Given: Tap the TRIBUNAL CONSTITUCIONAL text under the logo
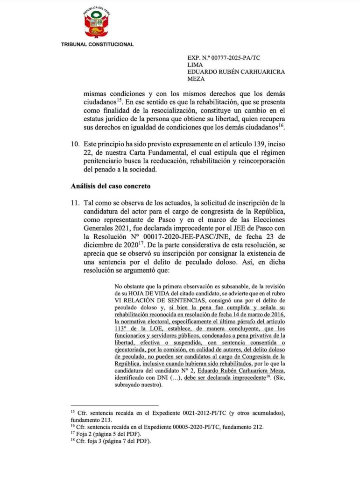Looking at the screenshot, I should click(x=97, y=44).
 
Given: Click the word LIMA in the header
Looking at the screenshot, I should click(x=195, y=65).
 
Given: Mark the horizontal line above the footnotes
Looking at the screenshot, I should click(x=114, y=405).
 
